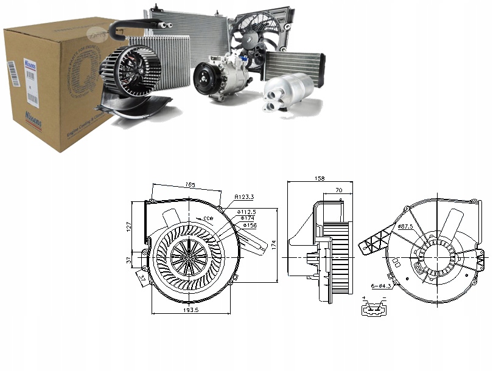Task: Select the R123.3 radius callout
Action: [245, 197]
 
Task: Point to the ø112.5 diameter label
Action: [247, 211]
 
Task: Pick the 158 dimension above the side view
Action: [320, 179]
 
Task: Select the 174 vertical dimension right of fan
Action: [274, 244]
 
